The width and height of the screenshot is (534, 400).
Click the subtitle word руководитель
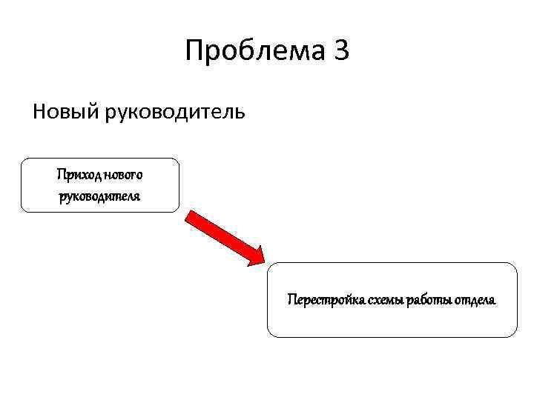(174, 113)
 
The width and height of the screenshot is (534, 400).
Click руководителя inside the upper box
(100, 196)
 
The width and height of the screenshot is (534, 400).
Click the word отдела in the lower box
(475, 300)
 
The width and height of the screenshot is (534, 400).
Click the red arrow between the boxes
(225, 237)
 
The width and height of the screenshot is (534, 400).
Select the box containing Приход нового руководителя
(100, 185)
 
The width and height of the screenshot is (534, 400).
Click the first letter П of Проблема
(195, 52)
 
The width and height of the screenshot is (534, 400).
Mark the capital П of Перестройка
(291, 300)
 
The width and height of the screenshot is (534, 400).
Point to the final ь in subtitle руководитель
(237, 113)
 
